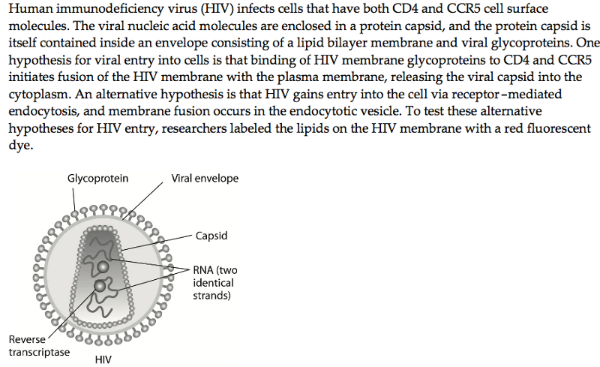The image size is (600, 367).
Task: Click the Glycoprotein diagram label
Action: [x=97, y=179]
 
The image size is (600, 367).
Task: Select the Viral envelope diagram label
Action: [x=205, y=179]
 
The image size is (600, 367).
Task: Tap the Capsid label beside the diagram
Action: [x=211, y=236]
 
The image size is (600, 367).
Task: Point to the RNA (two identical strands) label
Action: [x=214, y=283]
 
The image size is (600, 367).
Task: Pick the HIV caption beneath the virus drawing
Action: [x=103, y=359]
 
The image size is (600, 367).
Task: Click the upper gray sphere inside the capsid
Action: [x=102, y=267]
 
